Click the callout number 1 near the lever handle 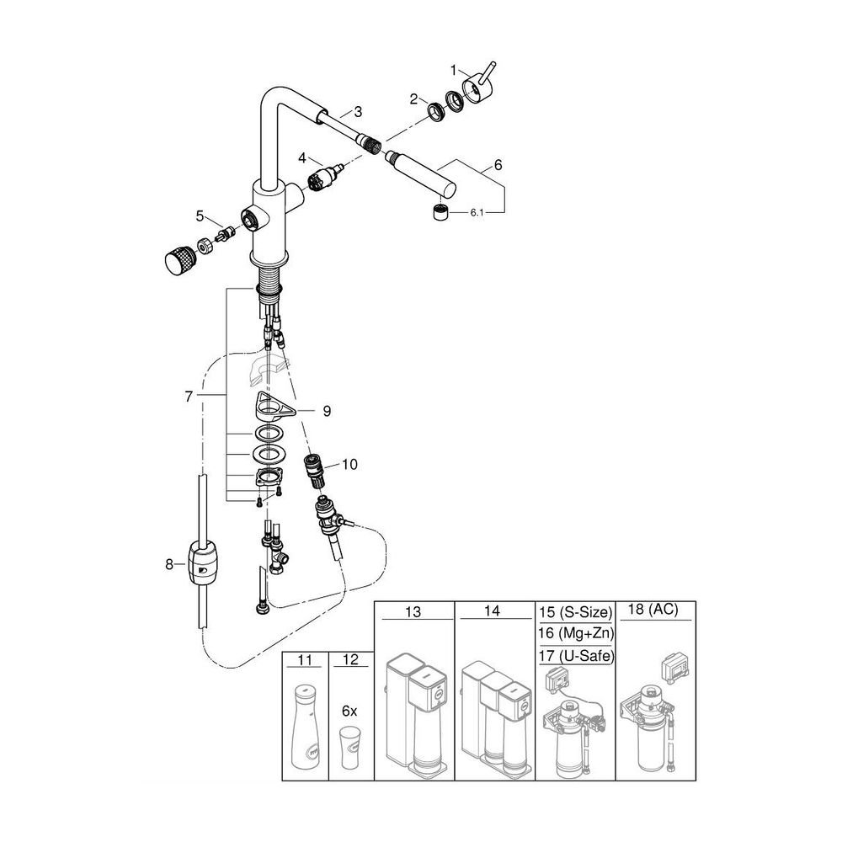(x=454, y=71)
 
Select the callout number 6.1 (x=477, y=213)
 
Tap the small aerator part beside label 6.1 (x=441, y=213)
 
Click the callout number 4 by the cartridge (x=302, y=158)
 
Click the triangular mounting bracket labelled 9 (x=274, y=407)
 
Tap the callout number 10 (x=349, y=464)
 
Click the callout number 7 (x=189, y=397)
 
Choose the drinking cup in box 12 (x=349, y=748)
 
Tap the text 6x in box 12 (x=349, y=711)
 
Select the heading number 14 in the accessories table (x=492, y=611)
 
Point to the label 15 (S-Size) (x=575, y=612)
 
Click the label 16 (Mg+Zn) (x=576, y=634)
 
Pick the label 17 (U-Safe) (x=576, y=656)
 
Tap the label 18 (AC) (x=653, y=610)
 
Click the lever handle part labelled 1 (x=477, y=84)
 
